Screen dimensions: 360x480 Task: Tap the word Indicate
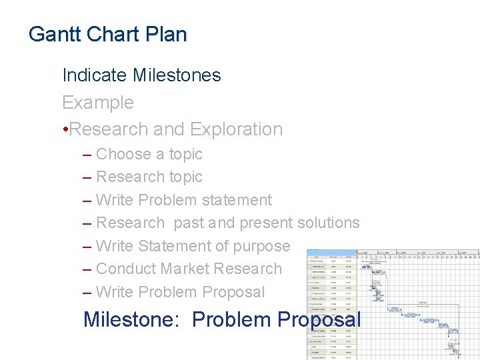[x=95, y=75]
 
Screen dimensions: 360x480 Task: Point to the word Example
[x=98, y=103]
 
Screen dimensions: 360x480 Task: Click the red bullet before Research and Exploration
[x=65, y=129]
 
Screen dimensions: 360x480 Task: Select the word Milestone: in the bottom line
[x=132, y=319]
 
